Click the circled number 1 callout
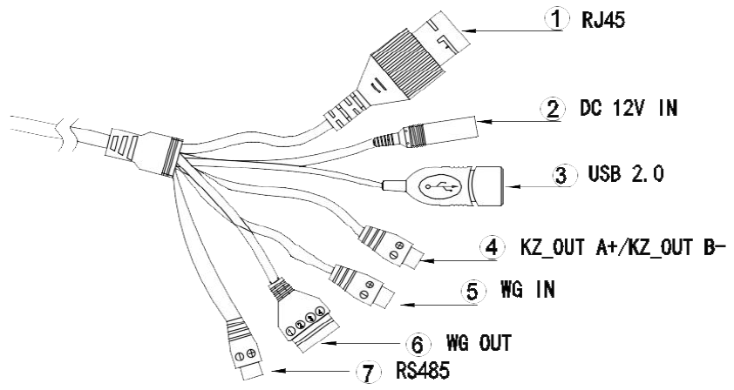coord(556,19)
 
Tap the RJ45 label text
coord(603,20)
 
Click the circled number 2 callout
coord(553,109)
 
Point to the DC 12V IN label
coord(629,108)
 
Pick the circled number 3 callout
coord(561,175)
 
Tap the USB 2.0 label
coord(625,174)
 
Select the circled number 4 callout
coord(493,246)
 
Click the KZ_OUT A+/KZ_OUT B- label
coord(623,247)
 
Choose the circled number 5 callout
coord(473,291)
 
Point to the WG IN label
coord(527,290)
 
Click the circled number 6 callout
coord(418,344)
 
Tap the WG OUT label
coord(479,343)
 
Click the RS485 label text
coord(423,370)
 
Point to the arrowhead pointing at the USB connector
coord(513,186)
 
